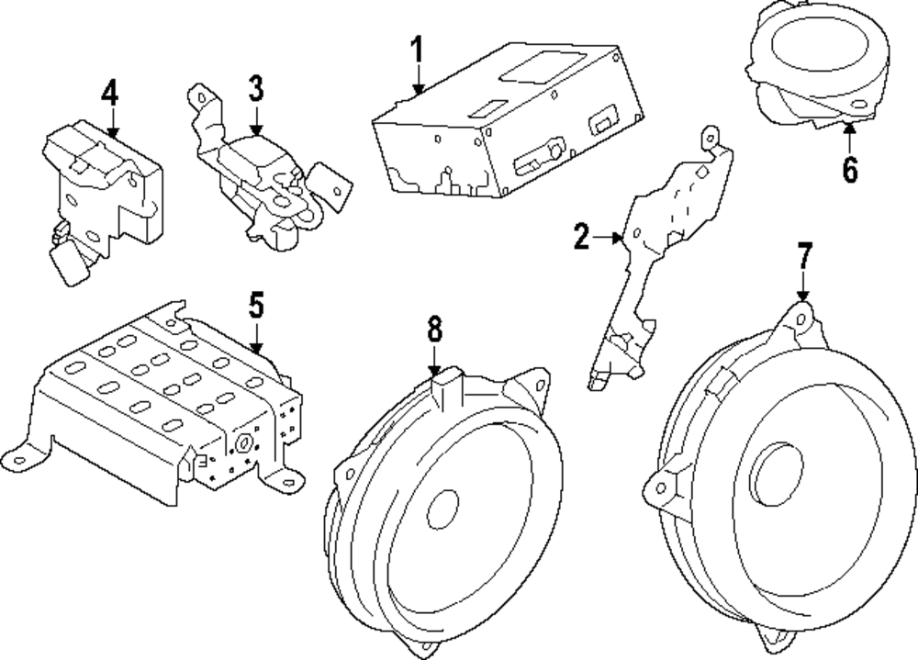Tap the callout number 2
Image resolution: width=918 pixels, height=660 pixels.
point(581,237)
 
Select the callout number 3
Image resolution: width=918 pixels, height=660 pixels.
point(256,89)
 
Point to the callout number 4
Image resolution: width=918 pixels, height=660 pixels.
point(109,93)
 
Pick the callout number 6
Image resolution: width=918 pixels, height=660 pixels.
point(849,169)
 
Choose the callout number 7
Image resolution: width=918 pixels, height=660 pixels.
point(804,255)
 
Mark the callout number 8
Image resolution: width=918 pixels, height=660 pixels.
point(434,330)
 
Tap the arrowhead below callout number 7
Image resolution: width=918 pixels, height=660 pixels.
point(803,296)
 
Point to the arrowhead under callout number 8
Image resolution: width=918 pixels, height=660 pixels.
point(434,370)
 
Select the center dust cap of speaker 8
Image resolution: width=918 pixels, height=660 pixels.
point(442,509)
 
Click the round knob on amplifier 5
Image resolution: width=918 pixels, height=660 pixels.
point(242,444)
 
